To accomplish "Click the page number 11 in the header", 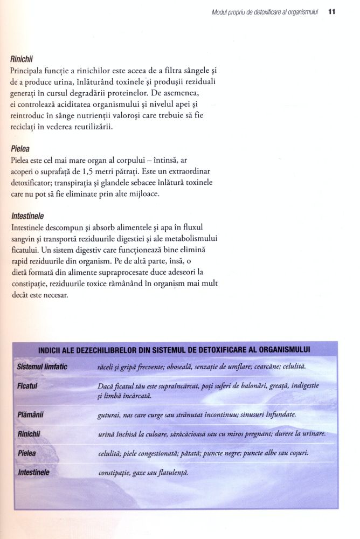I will click(x=332, y=11).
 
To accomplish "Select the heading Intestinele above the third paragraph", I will click(x=27, y=216).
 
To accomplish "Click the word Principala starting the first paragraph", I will click(x=30, y=71).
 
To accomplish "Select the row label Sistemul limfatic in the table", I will click(x=42, y=367).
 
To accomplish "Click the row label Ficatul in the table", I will click(x=27, y=386).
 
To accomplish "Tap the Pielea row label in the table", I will click(x=26, y=454).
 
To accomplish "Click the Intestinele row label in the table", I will click(x=34, y=472).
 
